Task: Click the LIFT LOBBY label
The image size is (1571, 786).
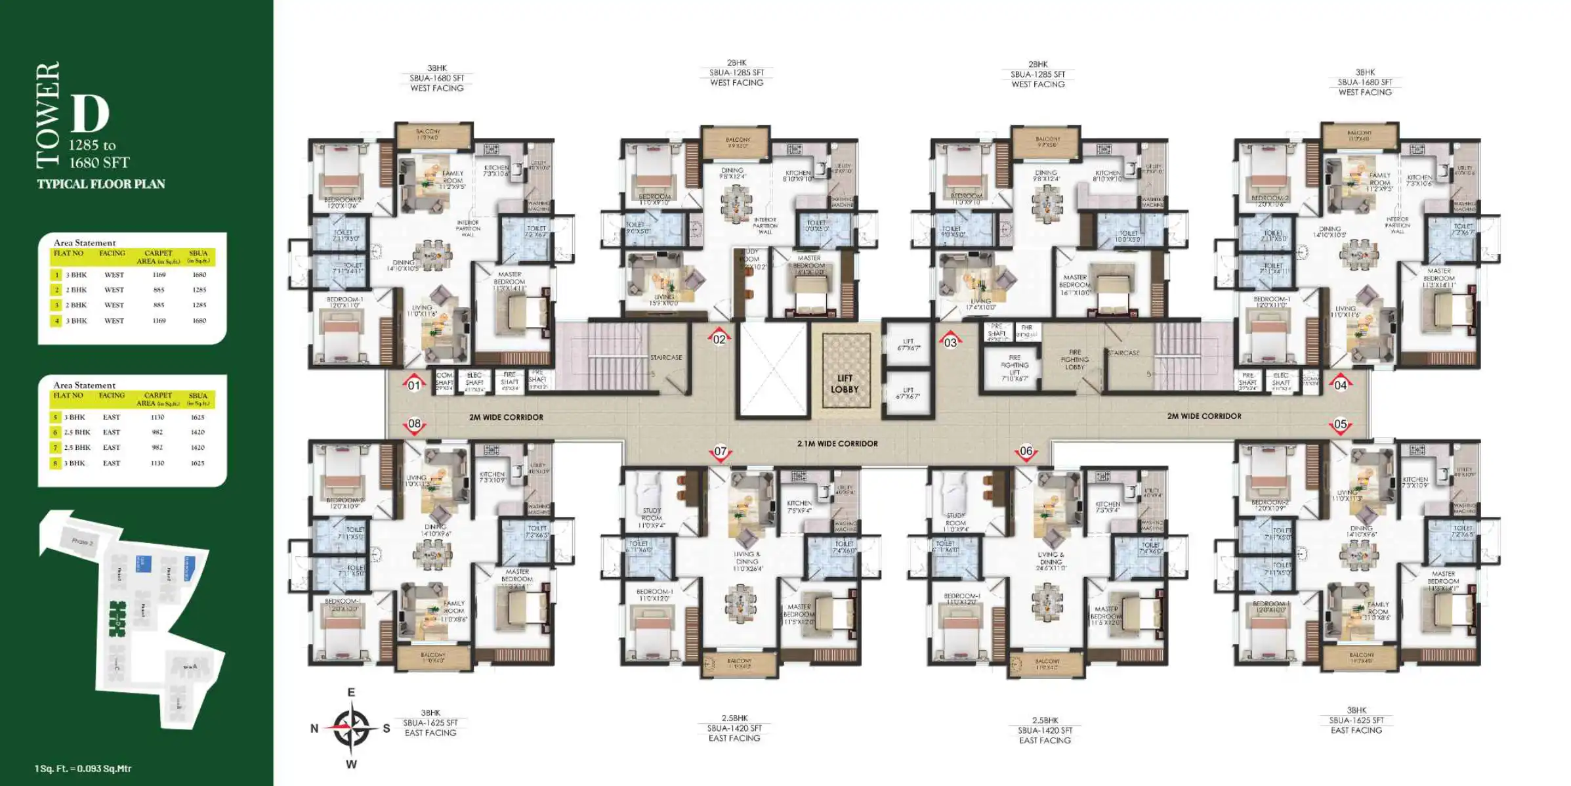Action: (x=845, y=384)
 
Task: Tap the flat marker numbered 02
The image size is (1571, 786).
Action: (x=719, y=339)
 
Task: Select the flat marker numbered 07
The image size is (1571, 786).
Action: (x=720, y=452)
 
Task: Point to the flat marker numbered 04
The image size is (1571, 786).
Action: (x=1340, y=385)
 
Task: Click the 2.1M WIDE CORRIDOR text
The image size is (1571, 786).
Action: (x=837, y=444)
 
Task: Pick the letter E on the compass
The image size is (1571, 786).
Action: (x=351, y=693)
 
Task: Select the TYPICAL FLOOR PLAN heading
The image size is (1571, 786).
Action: (x=101, y=185)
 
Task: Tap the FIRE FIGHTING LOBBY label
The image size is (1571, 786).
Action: (x=1074, y=359)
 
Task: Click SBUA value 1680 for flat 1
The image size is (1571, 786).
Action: (x=199, y=275)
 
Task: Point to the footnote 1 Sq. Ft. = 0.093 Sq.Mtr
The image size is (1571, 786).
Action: (x=83, y=768)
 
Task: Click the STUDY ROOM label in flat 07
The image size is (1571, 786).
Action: (x=652, y=517)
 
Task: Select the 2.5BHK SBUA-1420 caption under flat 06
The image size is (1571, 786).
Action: (x=1045, y=730)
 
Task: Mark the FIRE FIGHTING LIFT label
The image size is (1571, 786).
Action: (x=1015, y=368)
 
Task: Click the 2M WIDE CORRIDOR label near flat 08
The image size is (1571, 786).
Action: (x=506, y=418)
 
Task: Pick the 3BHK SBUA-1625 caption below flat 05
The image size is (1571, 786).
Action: (x=1356, y=720)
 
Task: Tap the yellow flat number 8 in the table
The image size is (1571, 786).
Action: (x=56, y=463)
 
